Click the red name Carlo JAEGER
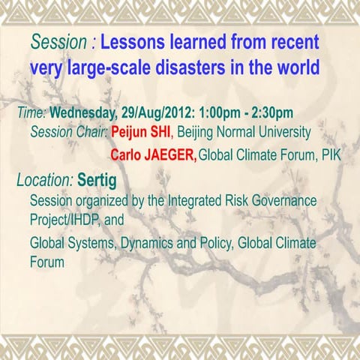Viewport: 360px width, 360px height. pos(153,156)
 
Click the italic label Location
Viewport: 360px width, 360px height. pos(44,181)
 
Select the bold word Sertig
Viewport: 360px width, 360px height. pos(98,181)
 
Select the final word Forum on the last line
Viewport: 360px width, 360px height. pos(46,263)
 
